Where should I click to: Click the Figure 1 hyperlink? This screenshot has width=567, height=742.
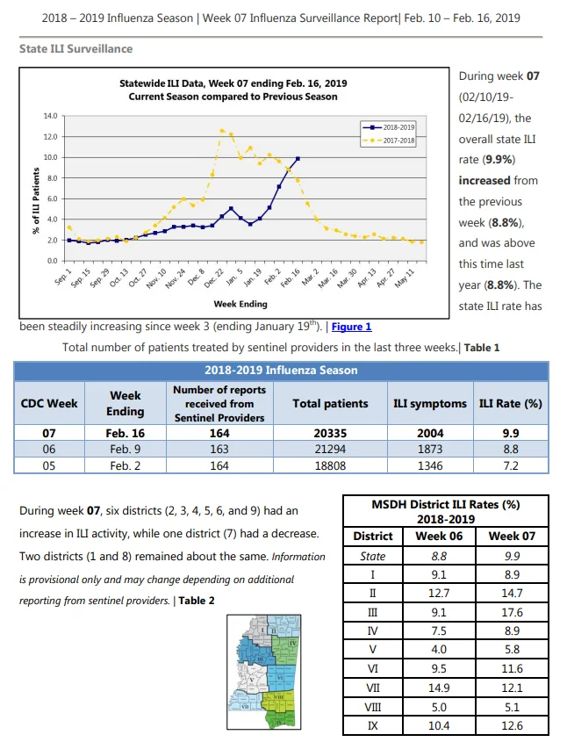click(x=351, y=327)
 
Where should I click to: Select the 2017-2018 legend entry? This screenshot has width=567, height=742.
click(x=388, y=140)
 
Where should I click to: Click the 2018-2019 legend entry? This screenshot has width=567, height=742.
click(x=388, y=127)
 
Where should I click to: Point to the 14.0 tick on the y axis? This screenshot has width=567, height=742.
click(x=51, y=116)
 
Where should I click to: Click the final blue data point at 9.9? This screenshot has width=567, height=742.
click(x=298, y=159)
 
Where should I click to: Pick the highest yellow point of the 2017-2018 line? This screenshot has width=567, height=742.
click(x=222, y=131)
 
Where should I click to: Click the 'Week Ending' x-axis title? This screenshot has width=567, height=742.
click(x=240, y=304)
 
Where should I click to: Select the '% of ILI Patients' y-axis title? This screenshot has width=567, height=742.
click(x=36, y=200)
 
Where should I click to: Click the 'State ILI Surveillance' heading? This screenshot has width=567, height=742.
click(x=75, y=49)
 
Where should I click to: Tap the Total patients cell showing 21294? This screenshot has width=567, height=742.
click(x=330, y=449)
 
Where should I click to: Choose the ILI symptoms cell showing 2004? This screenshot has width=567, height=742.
click(x=430, y=433)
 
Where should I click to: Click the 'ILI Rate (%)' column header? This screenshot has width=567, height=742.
click(x=511, y=404)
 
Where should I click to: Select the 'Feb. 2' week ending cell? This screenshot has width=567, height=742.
click(x=125, y=465)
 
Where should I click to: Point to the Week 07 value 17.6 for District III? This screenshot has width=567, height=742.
click(x=513, y=612)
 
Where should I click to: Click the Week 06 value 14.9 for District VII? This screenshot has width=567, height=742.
click(x=439, y=688)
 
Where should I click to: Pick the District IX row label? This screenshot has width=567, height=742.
click(x=373, y=725)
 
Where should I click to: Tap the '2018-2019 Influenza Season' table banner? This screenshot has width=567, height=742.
click(x=281, y=370)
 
